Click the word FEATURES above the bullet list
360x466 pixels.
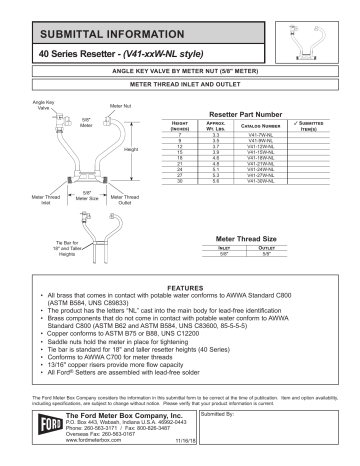coord(179,288)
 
